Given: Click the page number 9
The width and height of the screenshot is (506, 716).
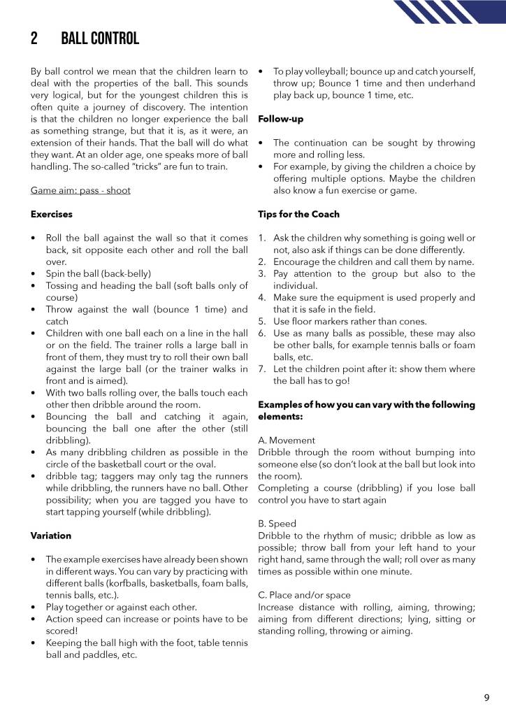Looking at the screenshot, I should coord(486,697).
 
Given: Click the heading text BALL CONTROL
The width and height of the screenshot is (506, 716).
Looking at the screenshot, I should coord(100,38).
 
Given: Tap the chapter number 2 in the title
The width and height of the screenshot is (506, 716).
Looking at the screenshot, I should coord(34,38).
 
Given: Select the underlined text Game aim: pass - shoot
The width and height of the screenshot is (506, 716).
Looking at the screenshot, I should coord(80,190).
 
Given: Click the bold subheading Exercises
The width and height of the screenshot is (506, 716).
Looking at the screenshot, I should coord(52,214).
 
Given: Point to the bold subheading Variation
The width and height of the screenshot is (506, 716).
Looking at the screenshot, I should coord(51,536).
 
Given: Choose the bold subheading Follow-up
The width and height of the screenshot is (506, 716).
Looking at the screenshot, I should coord(280,119).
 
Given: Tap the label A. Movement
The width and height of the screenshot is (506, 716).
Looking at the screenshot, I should coord(287,441).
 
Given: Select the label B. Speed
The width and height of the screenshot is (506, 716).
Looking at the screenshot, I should coord(277,524).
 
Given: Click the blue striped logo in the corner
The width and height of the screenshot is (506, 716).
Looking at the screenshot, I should coord(448,12).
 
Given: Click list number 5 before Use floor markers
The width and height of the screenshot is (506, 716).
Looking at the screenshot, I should coord(261,322).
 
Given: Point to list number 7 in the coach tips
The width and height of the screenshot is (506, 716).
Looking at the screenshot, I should coord(261,369).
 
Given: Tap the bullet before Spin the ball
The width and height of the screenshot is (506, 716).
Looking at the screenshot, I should coord(34,273).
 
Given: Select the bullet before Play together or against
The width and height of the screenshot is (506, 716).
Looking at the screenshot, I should coord(34,607).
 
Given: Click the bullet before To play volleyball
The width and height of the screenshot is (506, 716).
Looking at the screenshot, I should coord(261,71).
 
